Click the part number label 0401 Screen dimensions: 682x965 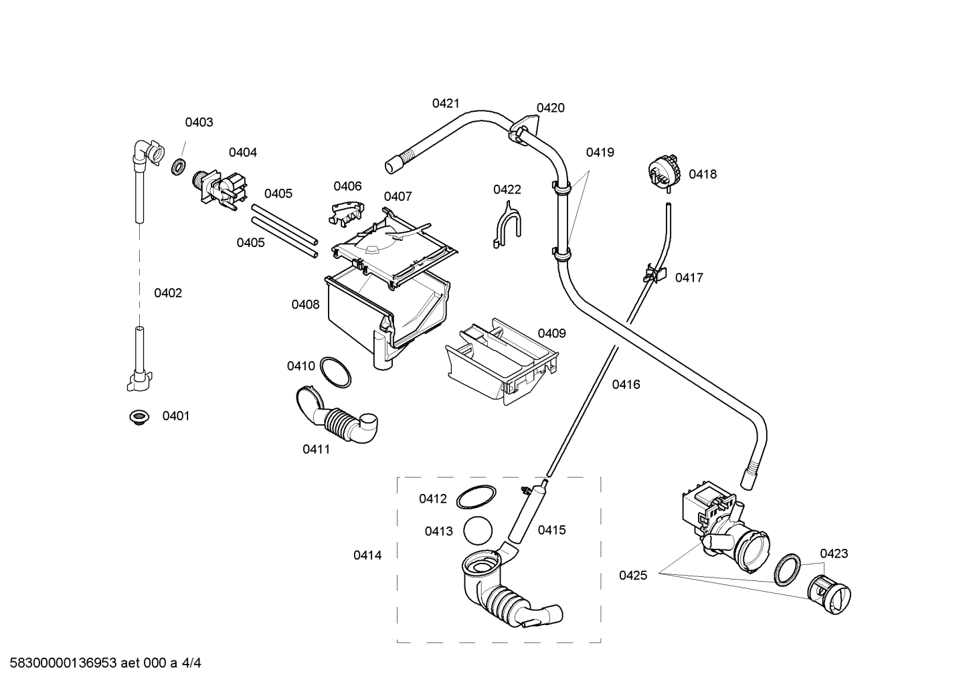tap(176, 416)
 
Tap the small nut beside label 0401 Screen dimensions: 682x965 tap(139, 418)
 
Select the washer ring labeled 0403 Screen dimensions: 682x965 tap(178, 167)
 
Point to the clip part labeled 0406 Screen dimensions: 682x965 tap(345, 212)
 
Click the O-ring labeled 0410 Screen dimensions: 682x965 tap(335, 371)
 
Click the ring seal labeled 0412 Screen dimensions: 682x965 tap(476, 499)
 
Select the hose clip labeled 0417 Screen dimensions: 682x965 tap(655, 273)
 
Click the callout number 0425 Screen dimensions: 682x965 tap(632, 575)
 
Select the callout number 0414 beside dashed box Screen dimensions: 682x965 tap(367, 556)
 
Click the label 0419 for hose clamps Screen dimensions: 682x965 tap(600, 153)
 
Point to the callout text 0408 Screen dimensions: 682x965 tap(305, 305)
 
